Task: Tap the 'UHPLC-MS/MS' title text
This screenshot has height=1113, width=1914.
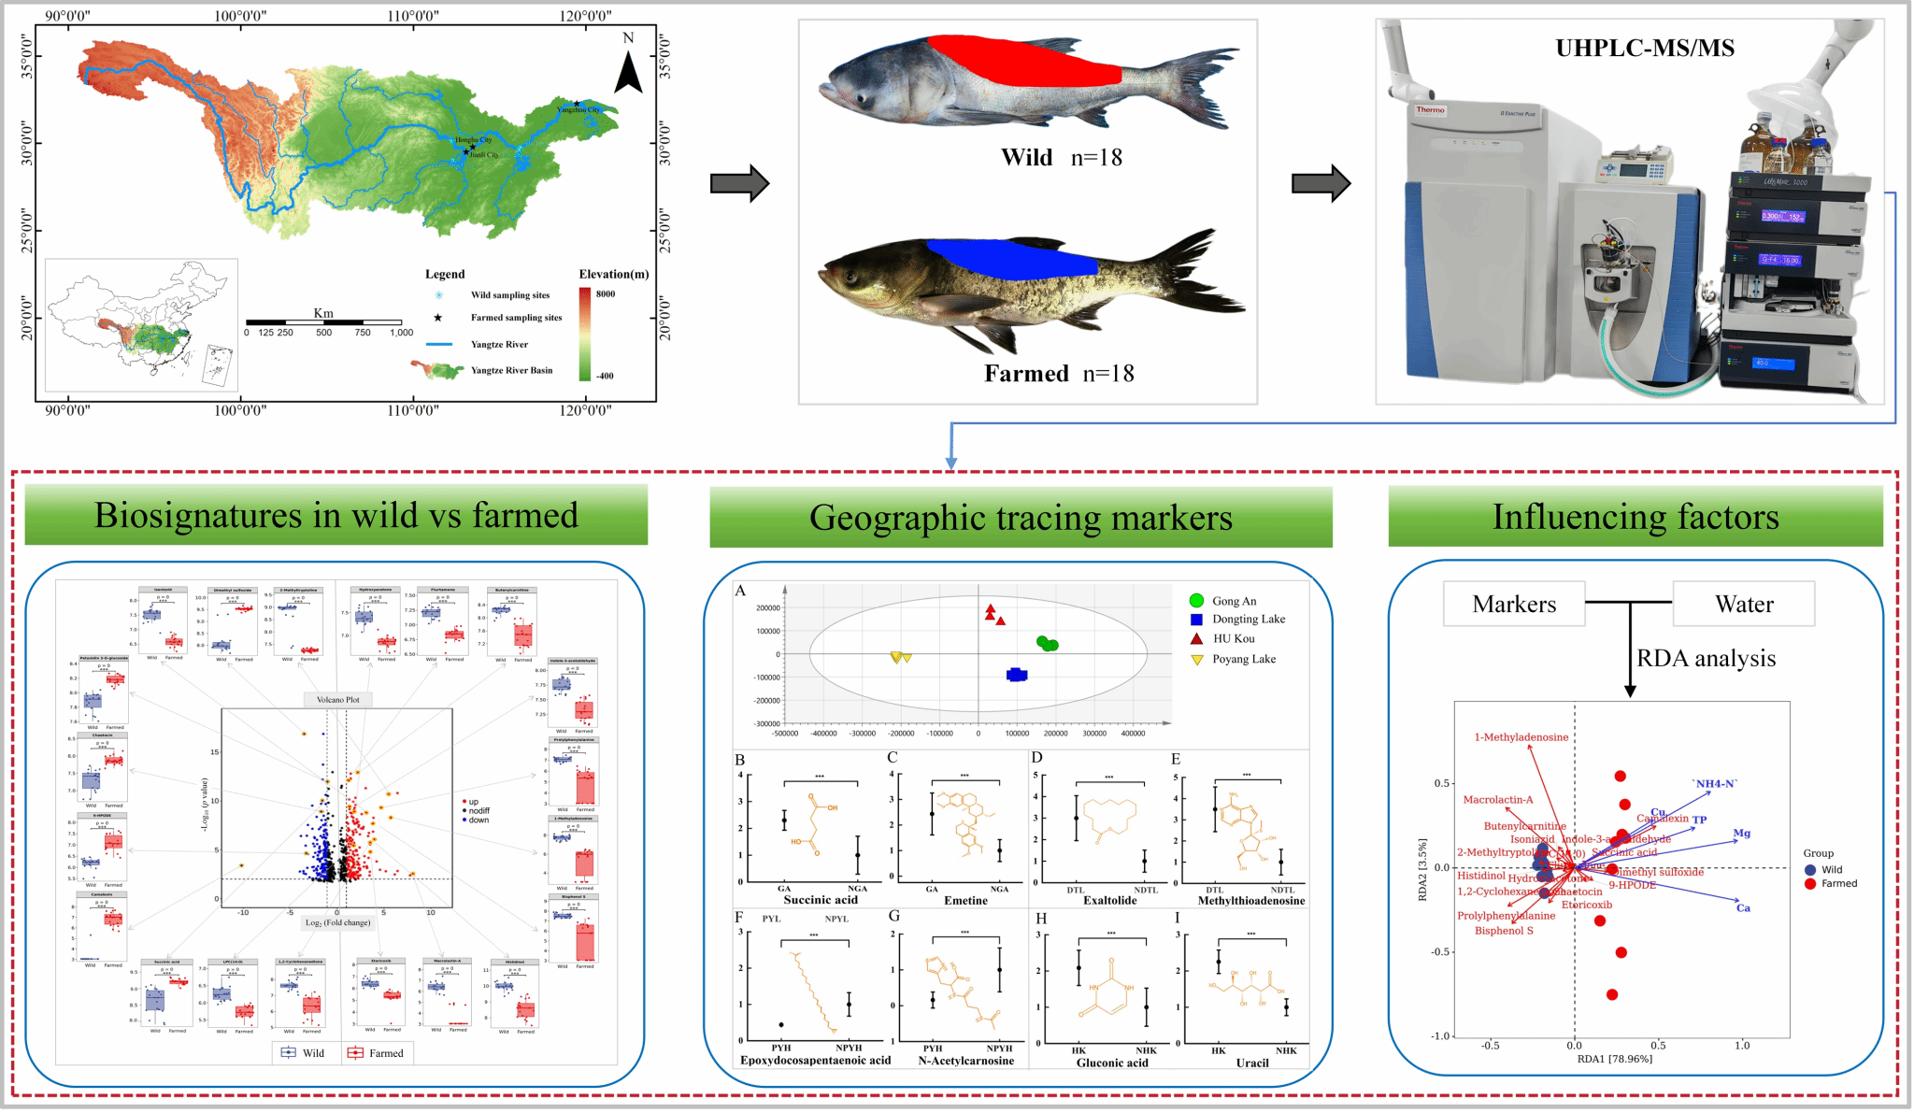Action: pyautogui.click(x=1644, y=49)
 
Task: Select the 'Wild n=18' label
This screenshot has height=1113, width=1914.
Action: pyautogui.click(x=1061, y=158)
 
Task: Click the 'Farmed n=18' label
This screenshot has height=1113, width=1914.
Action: pyautogui.click(x=1058, y=374)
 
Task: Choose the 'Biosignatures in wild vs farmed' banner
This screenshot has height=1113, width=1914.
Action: pyautogui.click(x=336, y=515)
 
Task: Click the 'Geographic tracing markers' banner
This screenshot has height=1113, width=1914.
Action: pyautogui.click(x=1021, y=518)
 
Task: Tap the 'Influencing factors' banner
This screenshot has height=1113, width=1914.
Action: pyautogui.click(x=1635, y=517)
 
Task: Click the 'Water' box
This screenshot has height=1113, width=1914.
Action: pyautogui.click(x=1744, y=605)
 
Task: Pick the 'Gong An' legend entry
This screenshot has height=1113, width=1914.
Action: pyautogui.click(x=1234, y=601)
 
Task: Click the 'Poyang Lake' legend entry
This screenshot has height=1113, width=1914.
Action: pyautogui.click(x=1243, y=659)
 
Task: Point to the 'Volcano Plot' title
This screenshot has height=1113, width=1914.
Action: pyautogui.click(x=337, y=699)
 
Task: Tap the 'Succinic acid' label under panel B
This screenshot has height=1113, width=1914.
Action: pyautogui.click(x=820, y=900)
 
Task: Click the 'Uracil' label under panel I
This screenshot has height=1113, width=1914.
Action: pyautogui.click(x=1251, y=1063)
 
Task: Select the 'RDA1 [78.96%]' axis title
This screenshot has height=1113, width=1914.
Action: pyautogui.click(x=1614, y=1059)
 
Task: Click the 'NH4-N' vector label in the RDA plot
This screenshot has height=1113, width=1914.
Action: pyautogui.click(x=1715, y=783)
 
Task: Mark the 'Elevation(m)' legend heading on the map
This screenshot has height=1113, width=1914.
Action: pyautogui.click(x=613, y=274)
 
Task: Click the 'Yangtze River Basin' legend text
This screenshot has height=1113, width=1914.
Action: pyautogui.click(x=511, y=370)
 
